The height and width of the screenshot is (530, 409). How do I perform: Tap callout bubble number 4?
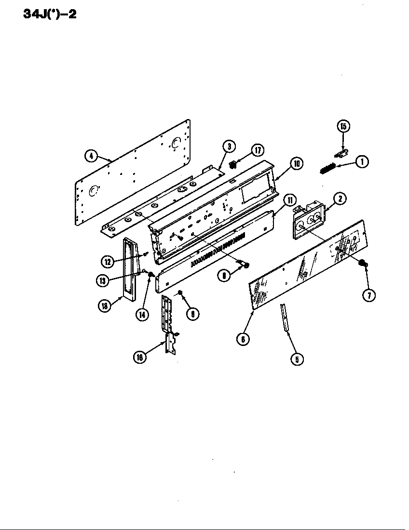[x=90, y=156]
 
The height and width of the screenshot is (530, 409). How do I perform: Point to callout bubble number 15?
[x=343, y=127]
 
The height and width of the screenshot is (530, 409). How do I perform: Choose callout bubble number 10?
[x=296, y=164]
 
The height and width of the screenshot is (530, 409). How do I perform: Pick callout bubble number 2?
[x=340, y=198]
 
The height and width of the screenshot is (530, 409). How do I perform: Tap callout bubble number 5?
[x=298, y=358]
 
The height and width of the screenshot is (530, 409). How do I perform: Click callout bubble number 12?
[x=107, y=262]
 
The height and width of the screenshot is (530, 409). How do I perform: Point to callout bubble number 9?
[x=192, y=314]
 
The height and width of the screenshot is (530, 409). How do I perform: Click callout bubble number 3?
[x=229, y=146]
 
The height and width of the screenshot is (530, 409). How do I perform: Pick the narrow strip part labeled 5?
[x=286, y=317]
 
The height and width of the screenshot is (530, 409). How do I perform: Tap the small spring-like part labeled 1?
[x=327, y=169]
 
